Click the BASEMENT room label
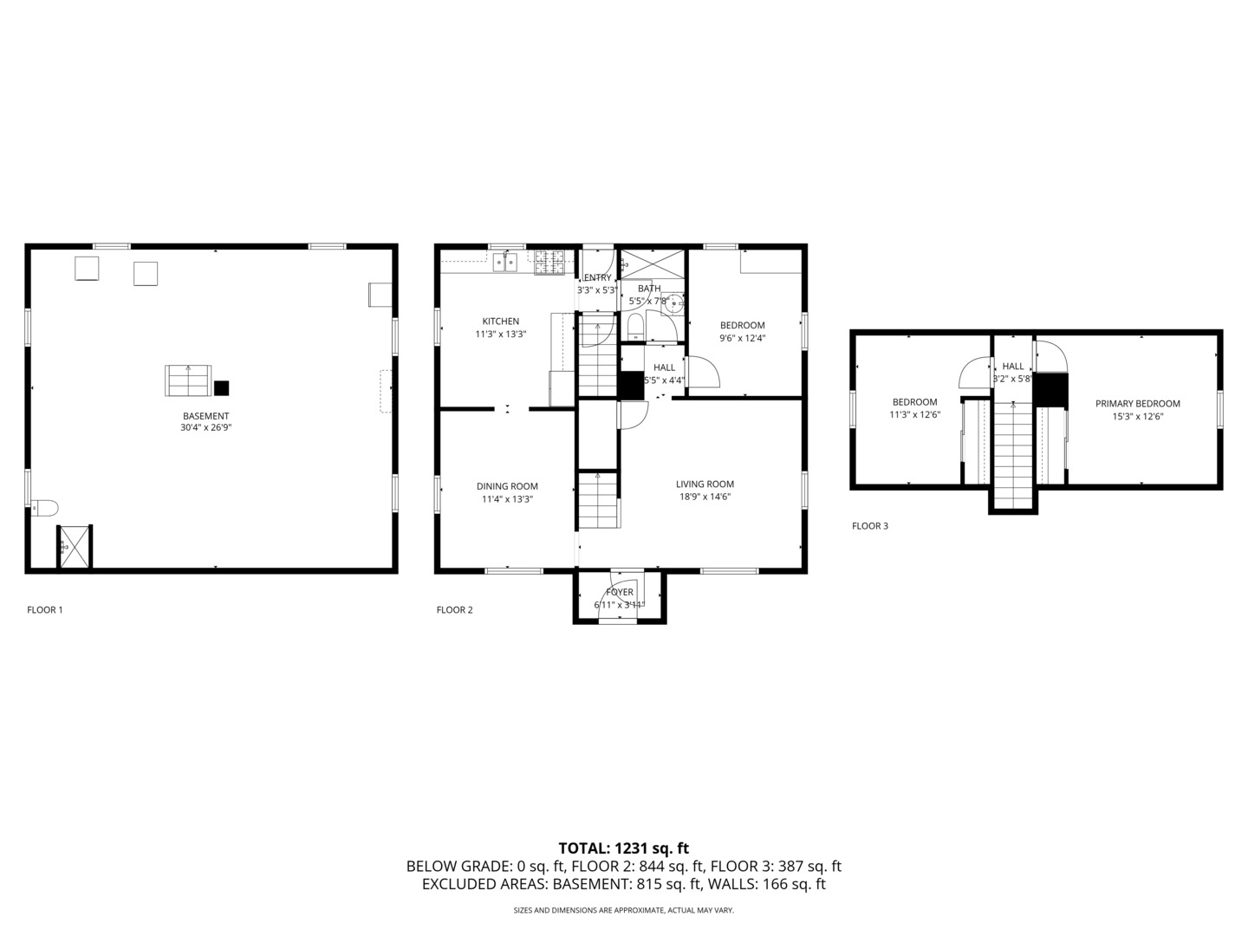pos(205,416)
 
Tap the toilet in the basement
pos(44,508)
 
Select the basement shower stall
pos(75,546)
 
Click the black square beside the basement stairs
pos(221,388)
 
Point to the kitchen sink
pos(505,262)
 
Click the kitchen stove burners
pos(549,263)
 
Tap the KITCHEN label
pos(500,321)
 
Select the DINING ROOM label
pos(507,486)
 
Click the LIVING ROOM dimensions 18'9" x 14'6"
pos(705,497)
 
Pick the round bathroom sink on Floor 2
pos(674,302)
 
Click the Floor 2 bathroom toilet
pos(634,328)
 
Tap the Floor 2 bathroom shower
pos(652,263)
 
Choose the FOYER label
pos(619,592)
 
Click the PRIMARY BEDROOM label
pos(1138,404)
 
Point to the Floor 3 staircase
pos(1012,456)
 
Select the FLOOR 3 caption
pos(870,526)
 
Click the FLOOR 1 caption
pos(45,610)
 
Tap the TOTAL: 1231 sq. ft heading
pos(624,848)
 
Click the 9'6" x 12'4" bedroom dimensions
pos(743,338)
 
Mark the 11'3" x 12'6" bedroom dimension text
pos(915,415)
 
